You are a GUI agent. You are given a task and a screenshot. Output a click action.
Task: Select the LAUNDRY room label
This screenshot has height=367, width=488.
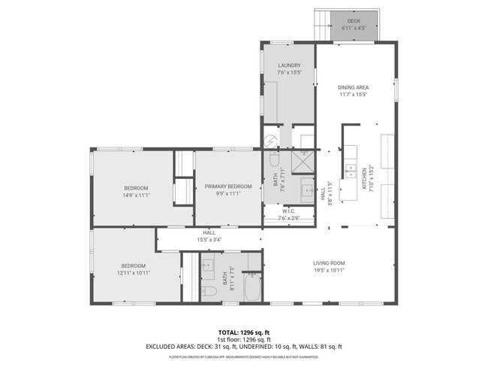(x=288, y=65)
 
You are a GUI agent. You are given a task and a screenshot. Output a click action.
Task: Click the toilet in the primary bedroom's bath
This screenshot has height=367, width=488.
(x=273, y=160)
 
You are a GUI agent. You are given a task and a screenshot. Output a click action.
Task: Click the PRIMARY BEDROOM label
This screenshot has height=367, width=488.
(x=228, y=187)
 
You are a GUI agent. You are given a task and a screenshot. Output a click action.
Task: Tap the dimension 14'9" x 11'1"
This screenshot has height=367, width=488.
(x=137, y=195)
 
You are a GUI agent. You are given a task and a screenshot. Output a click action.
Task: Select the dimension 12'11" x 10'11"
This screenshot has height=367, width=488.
(x=133, y=272)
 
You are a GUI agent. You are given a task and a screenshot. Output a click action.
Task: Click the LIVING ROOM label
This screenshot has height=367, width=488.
(x=329, y=262)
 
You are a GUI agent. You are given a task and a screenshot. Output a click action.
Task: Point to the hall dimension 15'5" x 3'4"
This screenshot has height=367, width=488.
(x=209, y=240)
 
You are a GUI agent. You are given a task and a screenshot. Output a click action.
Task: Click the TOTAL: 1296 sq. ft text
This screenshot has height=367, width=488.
(x=243, y=332)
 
